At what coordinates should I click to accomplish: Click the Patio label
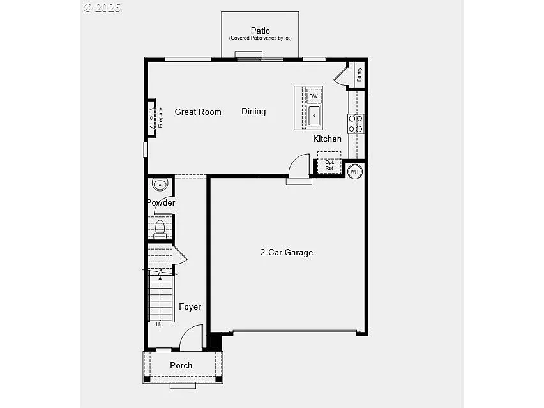pyautogui.click(x=260, y=31)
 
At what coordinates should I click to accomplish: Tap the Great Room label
pyautogui.click(x=198, y=112)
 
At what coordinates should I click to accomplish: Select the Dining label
pyautogui.click(x=253, y=111)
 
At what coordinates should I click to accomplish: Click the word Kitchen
pyautogui.click(x=327, y=139)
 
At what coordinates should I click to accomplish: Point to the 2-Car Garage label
pyautogui.click(x=286, y=252)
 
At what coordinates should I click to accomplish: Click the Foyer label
pyautogui.click(x=190, y=306)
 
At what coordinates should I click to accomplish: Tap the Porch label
pyautogui.click(x=181, y=365)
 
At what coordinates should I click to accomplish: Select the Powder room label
pyautogui.click(x=161, y=202)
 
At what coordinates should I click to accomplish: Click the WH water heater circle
pyautogui.click(x=354, y=170)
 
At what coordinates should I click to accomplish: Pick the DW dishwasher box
pyautogui.click(x=314, y=96)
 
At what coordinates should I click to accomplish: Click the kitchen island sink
pyautogui.click(x=314, y=116)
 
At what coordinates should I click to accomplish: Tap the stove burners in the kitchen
pyautogui.click(x=356, y=123)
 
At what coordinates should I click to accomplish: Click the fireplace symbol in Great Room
pyautogui.click(x=152, y=117)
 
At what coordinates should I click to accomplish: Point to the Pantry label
pyautogui.click(x=359, y=74)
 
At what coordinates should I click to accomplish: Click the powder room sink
pyautogui.click(x=159, y=185)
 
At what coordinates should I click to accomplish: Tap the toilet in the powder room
pyautogui.click(x=160, y=227)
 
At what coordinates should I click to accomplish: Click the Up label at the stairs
pyautogui.click(x=159, y=324)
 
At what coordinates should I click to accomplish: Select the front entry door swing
pyautogui.click(x=191, y=338)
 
